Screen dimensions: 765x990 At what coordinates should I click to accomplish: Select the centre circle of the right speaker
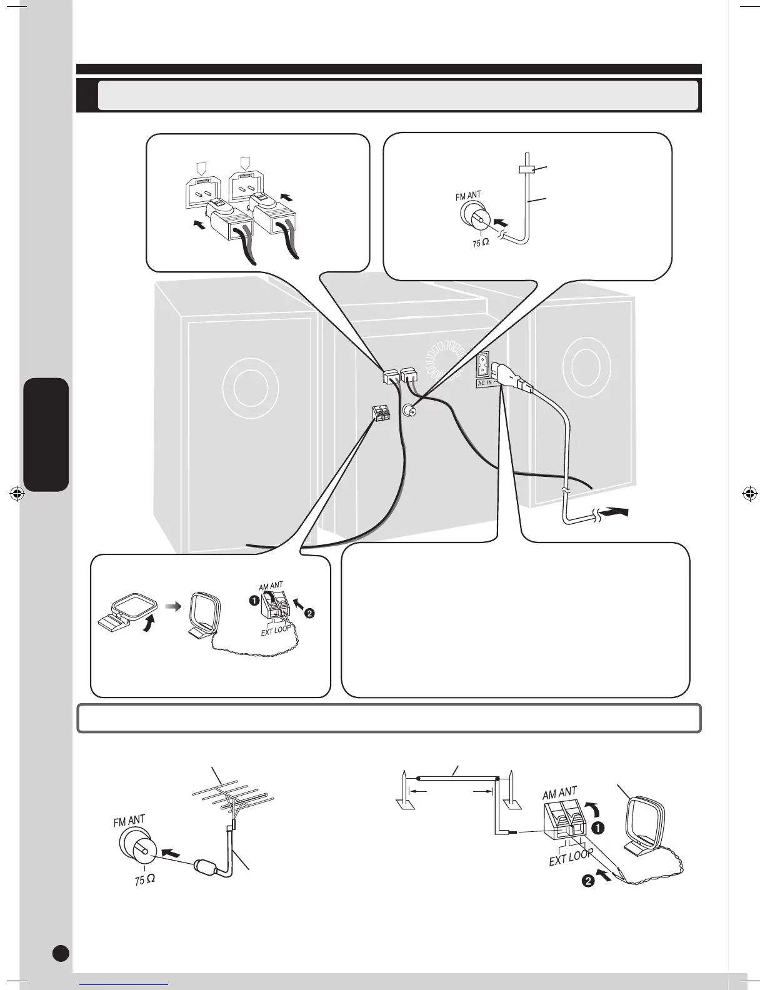581,365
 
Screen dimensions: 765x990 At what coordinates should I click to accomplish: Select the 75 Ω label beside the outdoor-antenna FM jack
145,879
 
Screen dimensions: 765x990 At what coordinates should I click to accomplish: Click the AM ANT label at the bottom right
560,793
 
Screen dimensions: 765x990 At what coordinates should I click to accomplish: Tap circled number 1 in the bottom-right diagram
597,828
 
